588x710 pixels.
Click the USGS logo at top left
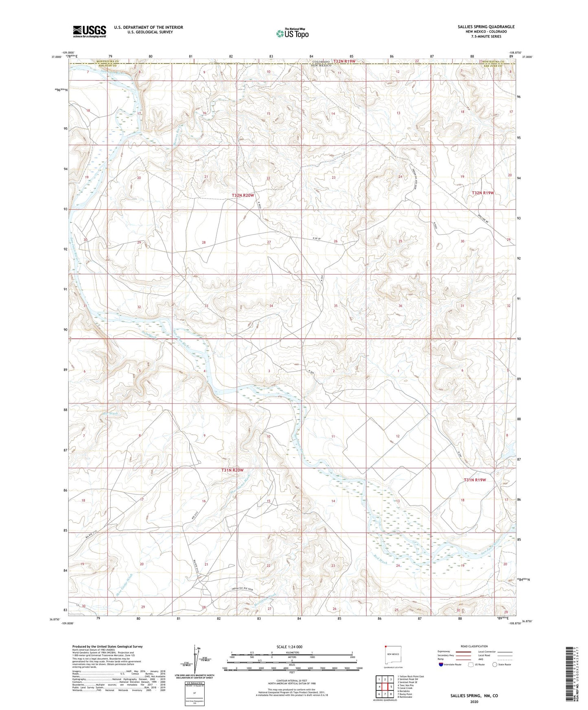click(x=90, y=31)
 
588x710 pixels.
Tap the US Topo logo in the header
click(x=292, y=33)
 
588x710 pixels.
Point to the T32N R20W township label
click(x=243, y=196)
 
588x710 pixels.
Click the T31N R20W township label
click(x=232, y=470)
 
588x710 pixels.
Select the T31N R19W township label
click(x=475, y=480)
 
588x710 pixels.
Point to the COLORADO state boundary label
click(x=322, y=61)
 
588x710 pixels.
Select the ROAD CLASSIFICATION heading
click(x=474, y=646)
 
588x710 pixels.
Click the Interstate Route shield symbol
click(x=441, y=664)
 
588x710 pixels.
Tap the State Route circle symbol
click(x=494, y=664)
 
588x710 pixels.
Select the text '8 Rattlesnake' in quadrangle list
click(x=405, y=697)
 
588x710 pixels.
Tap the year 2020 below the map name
click(x=474, y=701)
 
